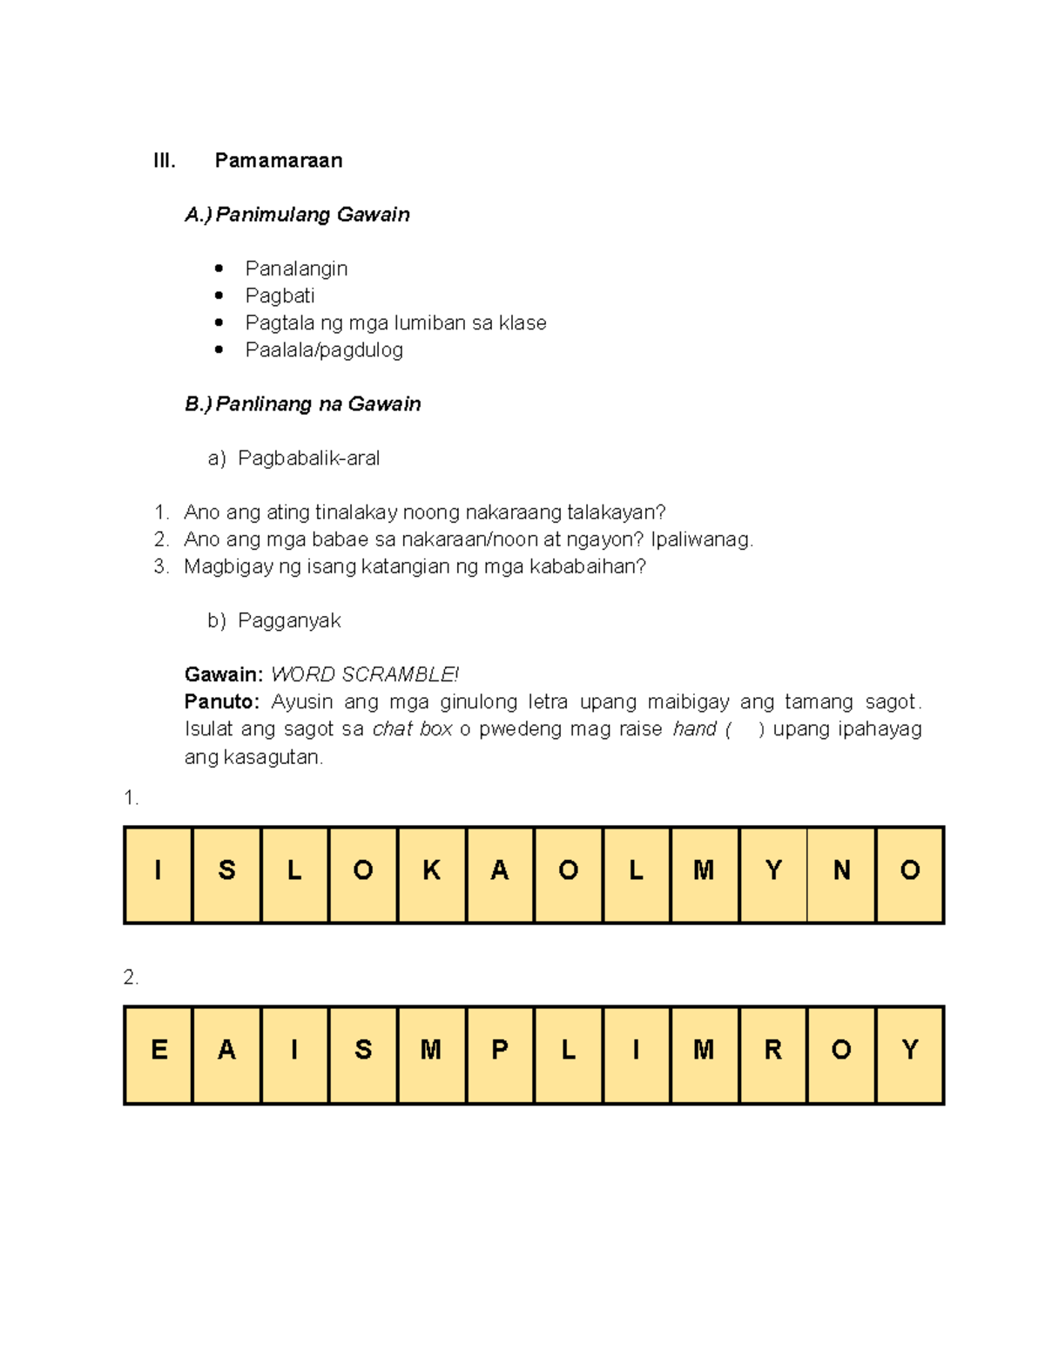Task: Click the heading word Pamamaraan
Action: [278, 160]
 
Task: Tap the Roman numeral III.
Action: [164, 160]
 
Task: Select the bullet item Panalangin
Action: [296, 268]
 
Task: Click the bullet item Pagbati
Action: [280, 295]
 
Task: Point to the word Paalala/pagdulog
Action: [324, 349]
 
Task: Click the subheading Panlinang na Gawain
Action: [318, 403]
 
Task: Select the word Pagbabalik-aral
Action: [308, 457]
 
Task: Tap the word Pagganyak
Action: [289, 620]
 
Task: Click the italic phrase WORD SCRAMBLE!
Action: [365, 674]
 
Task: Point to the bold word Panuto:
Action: [221, 701]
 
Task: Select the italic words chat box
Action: [412, 729]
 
